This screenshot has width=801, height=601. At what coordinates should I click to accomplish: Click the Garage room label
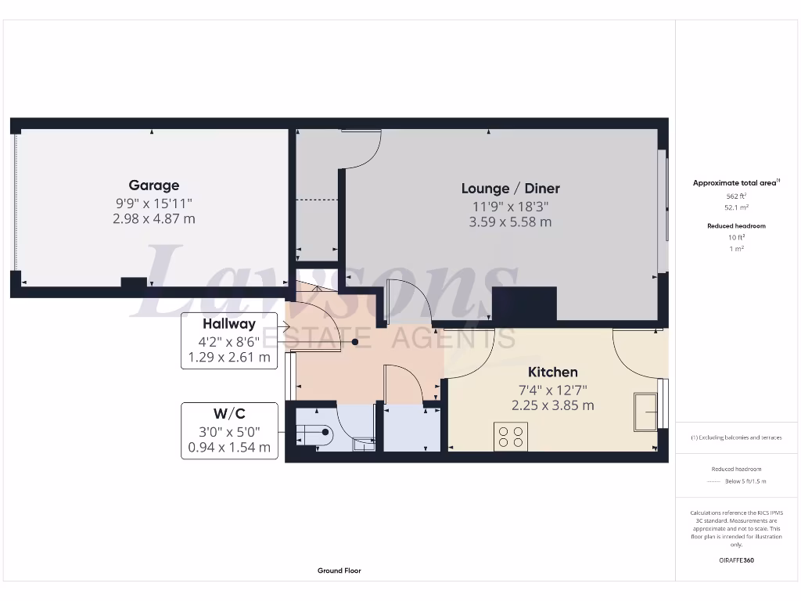[x=154, y=185]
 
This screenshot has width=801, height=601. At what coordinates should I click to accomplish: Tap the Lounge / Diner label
[x=510, y=189]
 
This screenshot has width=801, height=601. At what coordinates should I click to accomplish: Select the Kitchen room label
[x=552, y=372]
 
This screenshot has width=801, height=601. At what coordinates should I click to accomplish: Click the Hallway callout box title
[x=229, y=324]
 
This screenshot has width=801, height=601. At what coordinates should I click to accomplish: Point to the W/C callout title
[x=229, y=413]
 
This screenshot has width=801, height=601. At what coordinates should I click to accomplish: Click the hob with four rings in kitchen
[x=511, y=436]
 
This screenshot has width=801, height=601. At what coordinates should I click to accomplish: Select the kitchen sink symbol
[x=646, y=412]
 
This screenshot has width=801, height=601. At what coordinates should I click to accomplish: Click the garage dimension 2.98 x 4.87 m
[x=154, y=218]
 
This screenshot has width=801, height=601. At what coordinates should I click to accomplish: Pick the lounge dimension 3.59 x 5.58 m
[x=510, y=221]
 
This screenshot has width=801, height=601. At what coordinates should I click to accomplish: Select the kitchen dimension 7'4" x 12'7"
[x=552, y=390]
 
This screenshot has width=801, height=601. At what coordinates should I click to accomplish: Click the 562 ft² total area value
[x=736, y=196]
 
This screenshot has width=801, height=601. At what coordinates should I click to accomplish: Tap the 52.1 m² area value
[x=736, y=208]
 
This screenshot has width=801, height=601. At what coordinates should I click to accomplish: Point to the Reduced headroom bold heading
[x=736, y=226]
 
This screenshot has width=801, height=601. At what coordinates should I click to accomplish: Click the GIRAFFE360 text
[x=736, y=560]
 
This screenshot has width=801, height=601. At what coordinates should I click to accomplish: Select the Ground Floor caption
[x=339, y=570]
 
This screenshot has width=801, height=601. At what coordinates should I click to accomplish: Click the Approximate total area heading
[x=735, y=183]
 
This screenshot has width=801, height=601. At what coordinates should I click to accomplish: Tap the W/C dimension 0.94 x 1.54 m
[x=229, y=448]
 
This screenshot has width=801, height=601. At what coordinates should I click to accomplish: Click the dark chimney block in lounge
[x=524, y=304]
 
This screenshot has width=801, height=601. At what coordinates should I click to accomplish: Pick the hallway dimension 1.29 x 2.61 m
[x=229, y=358]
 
